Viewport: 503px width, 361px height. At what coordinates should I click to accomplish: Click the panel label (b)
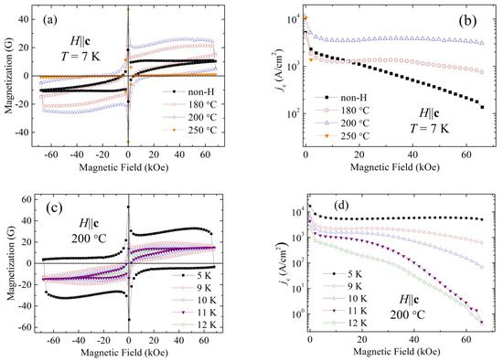[x=467, y=21]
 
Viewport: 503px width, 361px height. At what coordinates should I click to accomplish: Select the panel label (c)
[x=55, y=208]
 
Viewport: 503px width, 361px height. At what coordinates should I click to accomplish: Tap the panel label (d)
[x=341, y=206]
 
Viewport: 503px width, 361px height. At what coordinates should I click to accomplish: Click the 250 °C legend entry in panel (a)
[x=189, y=130]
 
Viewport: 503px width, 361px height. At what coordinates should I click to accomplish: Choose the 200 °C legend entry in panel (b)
[x=342, y=123]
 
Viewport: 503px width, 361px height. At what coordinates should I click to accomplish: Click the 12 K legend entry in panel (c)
[x=194, y=324]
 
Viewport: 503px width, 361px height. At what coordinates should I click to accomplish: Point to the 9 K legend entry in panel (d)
[x=343, y=286]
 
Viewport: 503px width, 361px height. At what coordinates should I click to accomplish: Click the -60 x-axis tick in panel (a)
[x=51, y=154]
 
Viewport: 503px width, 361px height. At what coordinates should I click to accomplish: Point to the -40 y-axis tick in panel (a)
[x=22, y=133]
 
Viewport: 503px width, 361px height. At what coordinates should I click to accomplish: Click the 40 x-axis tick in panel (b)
[x=412, y=154]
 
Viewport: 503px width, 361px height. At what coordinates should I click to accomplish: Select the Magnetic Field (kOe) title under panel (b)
[x=395, y=167]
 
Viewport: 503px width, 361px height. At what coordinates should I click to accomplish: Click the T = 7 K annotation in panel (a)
[x=80, y=57]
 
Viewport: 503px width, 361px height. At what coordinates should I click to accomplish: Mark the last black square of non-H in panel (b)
[x=482, y=107]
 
